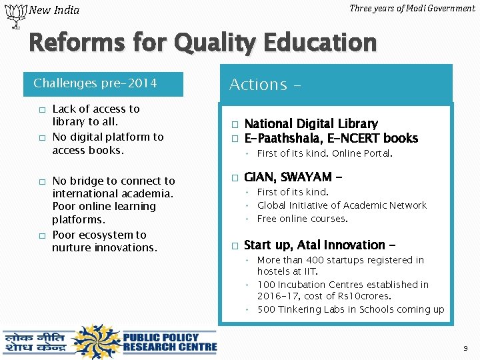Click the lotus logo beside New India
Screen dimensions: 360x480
(13, 15)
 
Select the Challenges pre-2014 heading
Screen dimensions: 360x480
(95, 83)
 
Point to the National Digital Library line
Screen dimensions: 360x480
(311, 123)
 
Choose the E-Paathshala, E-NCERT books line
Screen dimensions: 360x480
(331, 138)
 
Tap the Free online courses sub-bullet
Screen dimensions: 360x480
(302, 219)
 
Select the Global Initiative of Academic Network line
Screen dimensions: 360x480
(341, 205)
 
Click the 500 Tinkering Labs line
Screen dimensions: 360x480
(350, 309)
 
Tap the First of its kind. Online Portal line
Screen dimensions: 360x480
(325, 153)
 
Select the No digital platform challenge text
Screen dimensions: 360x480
(107, 143)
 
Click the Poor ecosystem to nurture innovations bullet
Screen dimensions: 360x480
(104, 241)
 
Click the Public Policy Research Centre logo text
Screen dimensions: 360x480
(169, 341)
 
